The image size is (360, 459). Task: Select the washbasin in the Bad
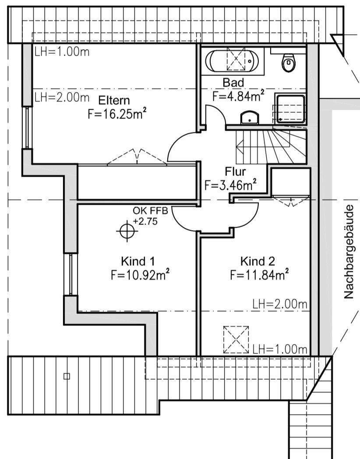[250, 117]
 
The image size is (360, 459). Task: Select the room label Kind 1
[138, 262]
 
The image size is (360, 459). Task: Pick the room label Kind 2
[258, 262]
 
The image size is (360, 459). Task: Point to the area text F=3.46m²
[230, 185]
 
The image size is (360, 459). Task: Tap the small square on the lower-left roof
[67, 376]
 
